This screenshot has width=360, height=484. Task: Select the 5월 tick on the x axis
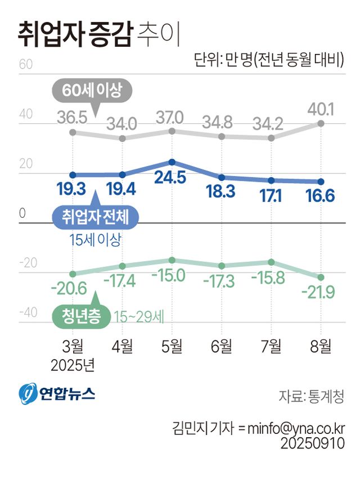click(x=172, y=346)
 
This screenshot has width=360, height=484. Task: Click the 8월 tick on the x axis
click(x=321, y=346)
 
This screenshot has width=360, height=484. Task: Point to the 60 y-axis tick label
click(x=25, y=64)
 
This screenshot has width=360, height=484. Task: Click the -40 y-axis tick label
click(x=28, y=313)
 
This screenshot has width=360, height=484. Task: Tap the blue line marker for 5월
click(x=172, y=162)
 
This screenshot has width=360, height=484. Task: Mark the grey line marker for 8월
click(x=321, y=123)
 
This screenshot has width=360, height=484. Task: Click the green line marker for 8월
click(x=321, y=277)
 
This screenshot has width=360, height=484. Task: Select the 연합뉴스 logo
click(x=57, y=394)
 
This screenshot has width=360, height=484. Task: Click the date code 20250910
click(x=312, y=444)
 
